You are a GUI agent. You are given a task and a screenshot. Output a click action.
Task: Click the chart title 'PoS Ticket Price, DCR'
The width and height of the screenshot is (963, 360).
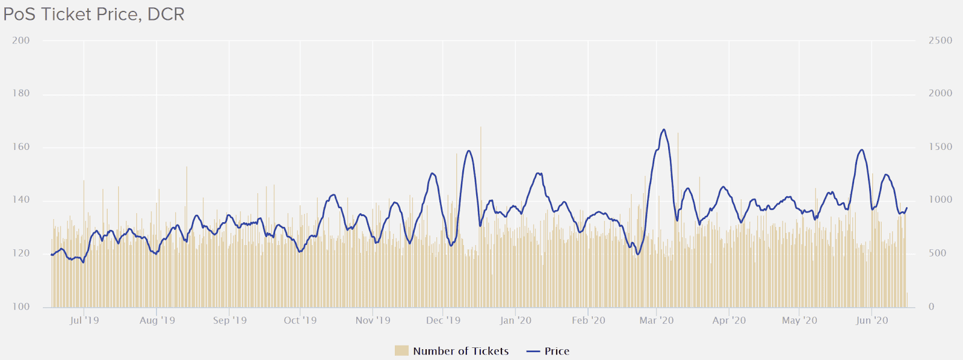pos(94,14)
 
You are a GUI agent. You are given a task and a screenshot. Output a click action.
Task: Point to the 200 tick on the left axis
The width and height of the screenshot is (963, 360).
pos(20,40)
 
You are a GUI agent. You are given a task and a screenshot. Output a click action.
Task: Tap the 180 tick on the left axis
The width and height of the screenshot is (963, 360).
pos(20,93)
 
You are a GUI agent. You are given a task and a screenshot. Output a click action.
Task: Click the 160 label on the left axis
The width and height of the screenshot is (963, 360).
pos(20,147)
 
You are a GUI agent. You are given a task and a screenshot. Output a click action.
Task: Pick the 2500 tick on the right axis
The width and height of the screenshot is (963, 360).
pos(940,40)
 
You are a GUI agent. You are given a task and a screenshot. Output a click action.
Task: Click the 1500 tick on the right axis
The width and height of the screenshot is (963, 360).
pos(940,147)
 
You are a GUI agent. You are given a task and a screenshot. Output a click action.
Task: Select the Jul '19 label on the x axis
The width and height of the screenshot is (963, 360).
pos(84,320)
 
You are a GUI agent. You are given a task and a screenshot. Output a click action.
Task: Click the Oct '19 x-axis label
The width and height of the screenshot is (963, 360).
pos(300,320)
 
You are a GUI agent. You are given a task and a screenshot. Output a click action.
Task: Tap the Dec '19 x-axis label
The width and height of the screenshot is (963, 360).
pos(443,320)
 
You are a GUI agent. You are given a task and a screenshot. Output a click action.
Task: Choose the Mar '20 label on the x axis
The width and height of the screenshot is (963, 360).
pos(657,320)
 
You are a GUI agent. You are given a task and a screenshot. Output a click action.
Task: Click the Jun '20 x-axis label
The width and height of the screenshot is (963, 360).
pos(872,320)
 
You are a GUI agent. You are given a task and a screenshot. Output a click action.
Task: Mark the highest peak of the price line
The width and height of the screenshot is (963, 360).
pos(664,129)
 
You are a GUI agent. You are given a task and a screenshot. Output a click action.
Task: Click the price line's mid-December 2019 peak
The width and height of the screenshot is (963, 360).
pos(469,151)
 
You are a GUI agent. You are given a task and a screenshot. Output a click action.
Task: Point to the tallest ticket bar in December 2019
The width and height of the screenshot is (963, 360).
pos(480,127)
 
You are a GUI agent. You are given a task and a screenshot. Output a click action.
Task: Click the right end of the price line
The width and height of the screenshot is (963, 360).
pos(907,208)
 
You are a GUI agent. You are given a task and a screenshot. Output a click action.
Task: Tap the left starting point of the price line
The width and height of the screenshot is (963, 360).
pos(52,255)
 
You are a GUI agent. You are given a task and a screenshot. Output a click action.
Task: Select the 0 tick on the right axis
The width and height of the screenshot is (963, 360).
pos(931,307)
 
